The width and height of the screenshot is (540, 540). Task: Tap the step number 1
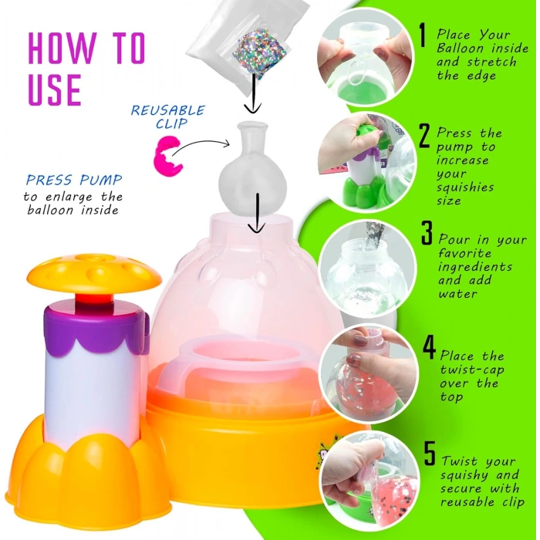422,35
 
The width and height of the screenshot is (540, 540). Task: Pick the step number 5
430,452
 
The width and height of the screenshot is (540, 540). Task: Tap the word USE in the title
54,89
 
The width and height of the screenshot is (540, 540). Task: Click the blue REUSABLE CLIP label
167,116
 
